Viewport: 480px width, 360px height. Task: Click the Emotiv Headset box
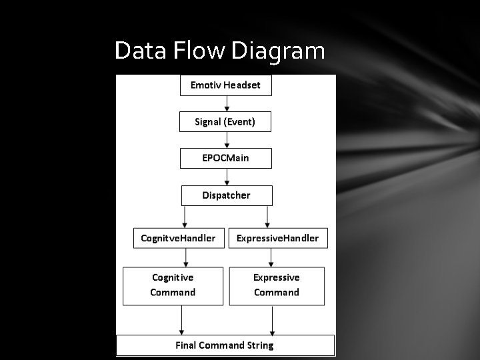pos(225,85)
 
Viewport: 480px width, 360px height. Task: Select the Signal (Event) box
pos(225,122)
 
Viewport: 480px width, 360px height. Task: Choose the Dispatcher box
pos(227,195)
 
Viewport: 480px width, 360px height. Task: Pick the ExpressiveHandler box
pos(277,238)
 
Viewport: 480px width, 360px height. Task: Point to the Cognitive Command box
pos(173,285)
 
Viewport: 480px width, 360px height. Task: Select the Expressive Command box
pos(277,285)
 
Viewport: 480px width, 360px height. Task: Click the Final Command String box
pos(225,345)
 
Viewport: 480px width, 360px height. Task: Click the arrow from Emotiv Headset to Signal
pos(227,103)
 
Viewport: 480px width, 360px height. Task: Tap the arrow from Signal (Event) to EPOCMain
pos(227,140)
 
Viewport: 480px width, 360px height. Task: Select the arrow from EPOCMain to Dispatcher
pos(227,177)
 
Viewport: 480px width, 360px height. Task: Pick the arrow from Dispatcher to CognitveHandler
pos(185,217)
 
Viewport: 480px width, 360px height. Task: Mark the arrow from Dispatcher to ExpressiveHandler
pos(267,217)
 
